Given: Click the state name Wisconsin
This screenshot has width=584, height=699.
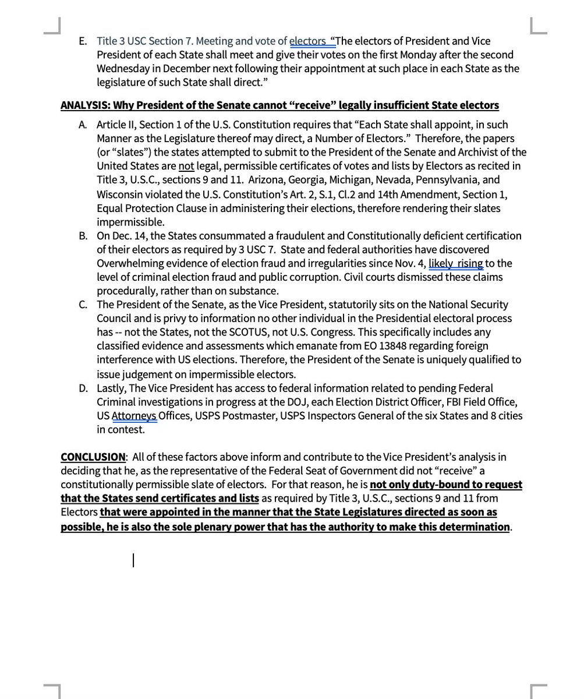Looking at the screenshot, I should coord(122,194).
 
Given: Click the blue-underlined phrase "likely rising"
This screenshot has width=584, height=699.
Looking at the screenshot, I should coord(456,263).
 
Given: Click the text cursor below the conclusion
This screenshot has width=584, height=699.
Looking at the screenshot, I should coord(133,560).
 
